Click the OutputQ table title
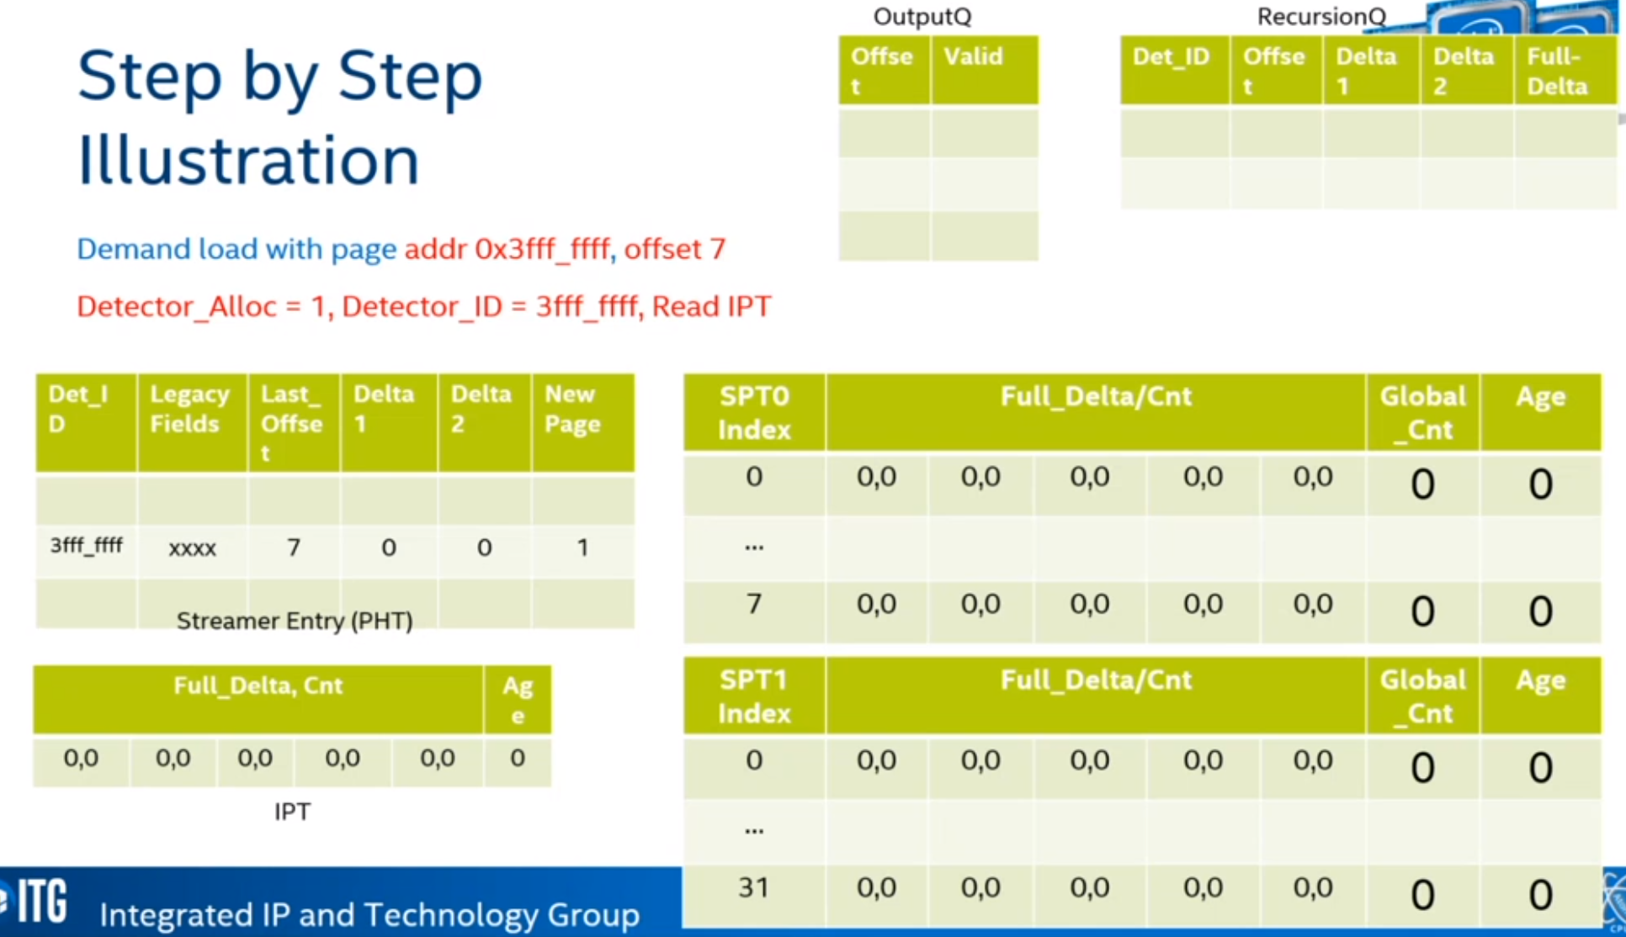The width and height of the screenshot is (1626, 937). [922, 16]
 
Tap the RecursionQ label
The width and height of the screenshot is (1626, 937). [1321, 16]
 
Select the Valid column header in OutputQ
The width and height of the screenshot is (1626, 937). [973, 56]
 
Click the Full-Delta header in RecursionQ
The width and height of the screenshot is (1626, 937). [1558, 71]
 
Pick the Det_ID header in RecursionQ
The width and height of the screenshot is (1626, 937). [1171, 56]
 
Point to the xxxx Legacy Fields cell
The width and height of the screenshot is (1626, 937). [192, 548]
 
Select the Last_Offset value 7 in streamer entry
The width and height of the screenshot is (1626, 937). [294, 548]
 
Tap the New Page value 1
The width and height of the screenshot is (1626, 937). [582, 548]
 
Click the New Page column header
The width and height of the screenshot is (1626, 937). [572, 409]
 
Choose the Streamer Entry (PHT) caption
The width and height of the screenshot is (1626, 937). [295, 621]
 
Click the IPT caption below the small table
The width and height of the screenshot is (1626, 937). [292, 812]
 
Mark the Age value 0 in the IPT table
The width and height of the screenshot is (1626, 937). [518, 758]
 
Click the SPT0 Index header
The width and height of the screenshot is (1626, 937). [754, 413]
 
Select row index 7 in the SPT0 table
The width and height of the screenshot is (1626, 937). [754, 603]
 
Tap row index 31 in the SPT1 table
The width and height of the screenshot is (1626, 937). [754, 887]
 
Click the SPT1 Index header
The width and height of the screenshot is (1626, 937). [754, 696]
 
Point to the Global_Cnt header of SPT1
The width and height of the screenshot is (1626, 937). [1422, 696]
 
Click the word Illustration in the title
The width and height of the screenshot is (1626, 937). [248, 160]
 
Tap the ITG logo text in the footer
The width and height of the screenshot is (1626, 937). [42, 901]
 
